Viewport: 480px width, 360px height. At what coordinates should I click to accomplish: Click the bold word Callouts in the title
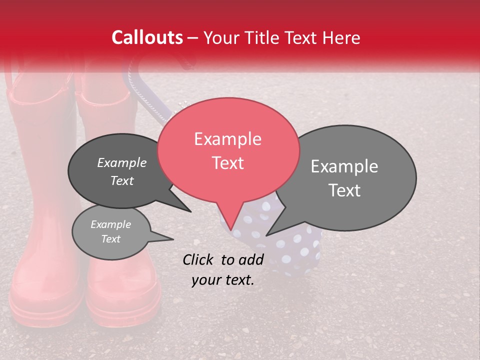click(147, 37)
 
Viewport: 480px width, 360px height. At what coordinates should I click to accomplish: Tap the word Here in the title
click(340, 37)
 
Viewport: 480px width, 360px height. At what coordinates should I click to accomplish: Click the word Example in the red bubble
click(228, 139)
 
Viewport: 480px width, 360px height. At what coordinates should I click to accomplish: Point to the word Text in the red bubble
click(228, 163)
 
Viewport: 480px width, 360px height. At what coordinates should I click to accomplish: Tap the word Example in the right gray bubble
click(344, 166)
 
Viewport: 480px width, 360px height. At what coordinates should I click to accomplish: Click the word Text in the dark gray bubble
click(122, 180)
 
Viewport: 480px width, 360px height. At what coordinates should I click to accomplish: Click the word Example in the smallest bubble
click(110, 224)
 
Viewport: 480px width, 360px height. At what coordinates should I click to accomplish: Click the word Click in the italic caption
click(199, 259)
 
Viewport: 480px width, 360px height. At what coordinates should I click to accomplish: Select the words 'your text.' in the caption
click(223, 280)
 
